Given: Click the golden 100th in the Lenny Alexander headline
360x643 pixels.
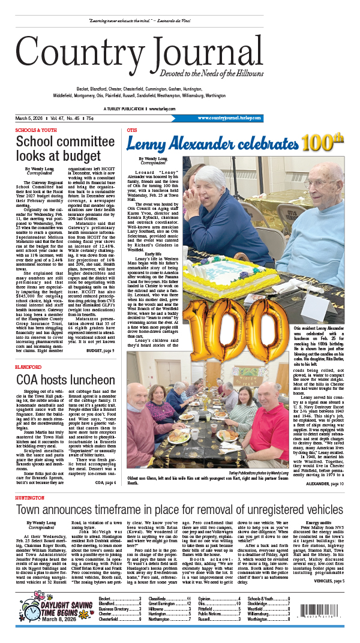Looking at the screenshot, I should [x=323, y=144].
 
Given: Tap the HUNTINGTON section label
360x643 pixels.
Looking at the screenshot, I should [x=31, y=498].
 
